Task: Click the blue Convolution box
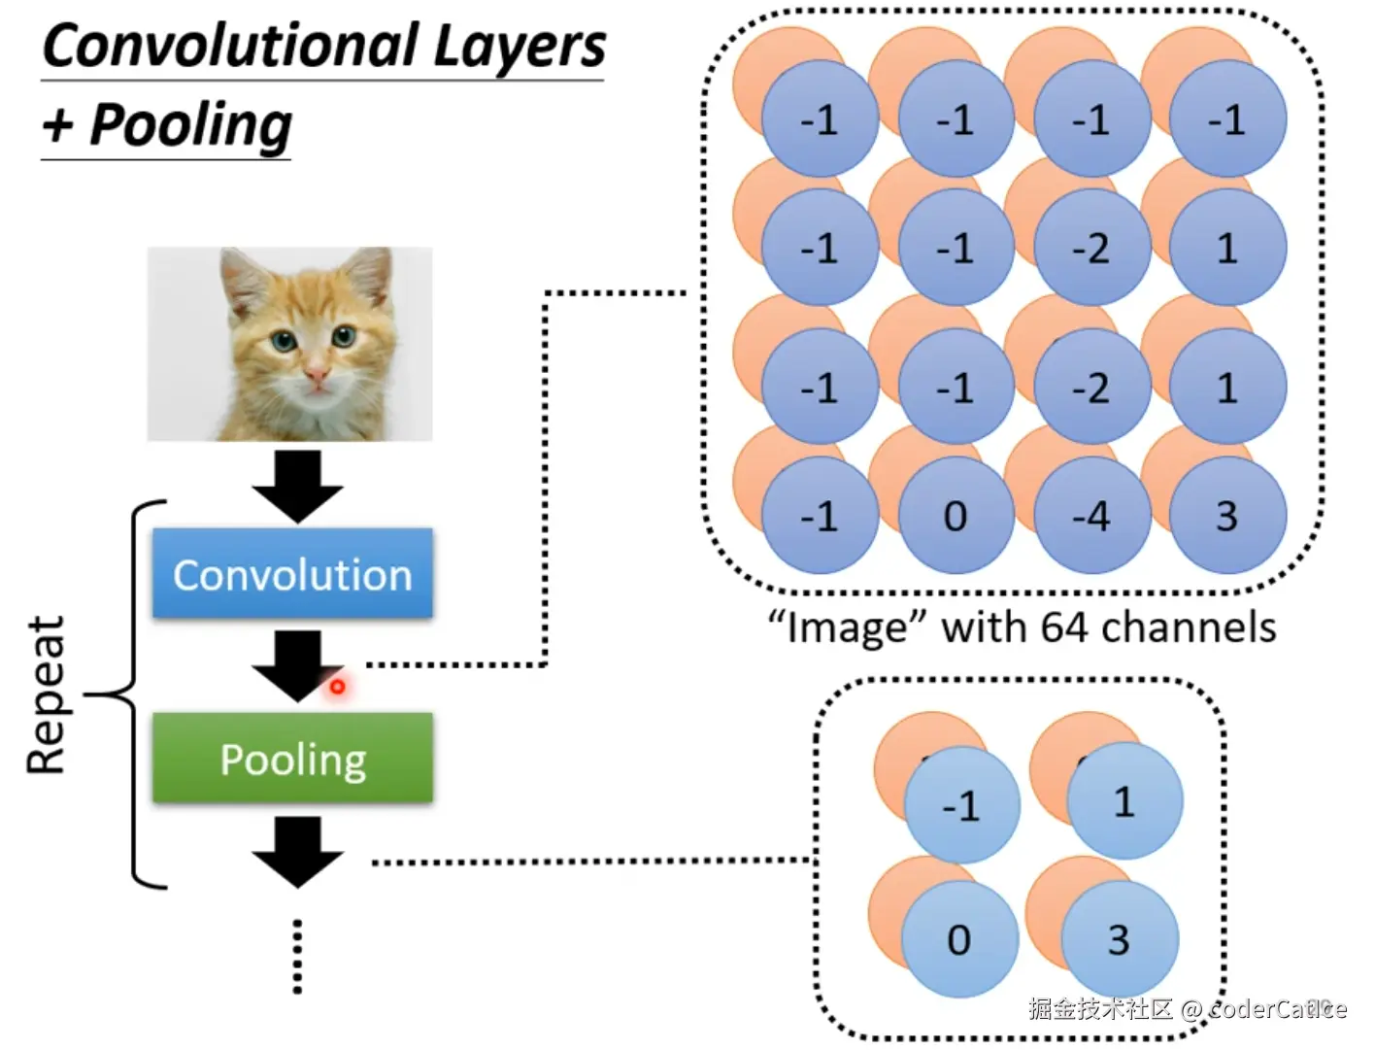pyautogui.click(x=292, y=573)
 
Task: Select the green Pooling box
pyautogui.click(x=292, y=758)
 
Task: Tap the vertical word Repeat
pyautogui.click(x=46, y=694)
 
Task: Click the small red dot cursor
pyautogui.click(x=337, y=687)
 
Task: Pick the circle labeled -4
pyautogui.click(x=1091, y=515)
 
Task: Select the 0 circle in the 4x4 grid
pyautogui.click(x=956, y=515)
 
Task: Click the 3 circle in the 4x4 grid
pyautogui.click(x=1227, y=515)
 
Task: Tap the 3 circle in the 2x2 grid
pyautogui.click(x=1119, y=939)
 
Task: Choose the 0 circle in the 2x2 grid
pyautogui.click(x=958, y=939)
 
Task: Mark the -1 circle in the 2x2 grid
pyautogui.click(x=961, y=805)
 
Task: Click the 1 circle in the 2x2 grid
pyautogui.click(x=1123, y=801)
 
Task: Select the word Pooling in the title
pyautogui.click(x=190, y=124)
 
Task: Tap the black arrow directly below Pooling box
pyautogui.click(x=298, y=851)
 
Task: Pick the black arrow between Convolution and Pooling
pyautogui.click(x=296, y=664)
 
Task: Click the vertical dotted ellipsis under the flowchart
pyautogui.click(x=297, y=956)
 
